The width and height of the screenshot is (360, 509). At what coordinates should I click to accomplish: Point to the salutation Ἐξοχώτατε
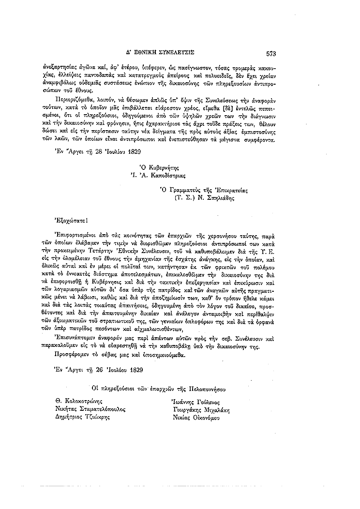[x=72, y=220]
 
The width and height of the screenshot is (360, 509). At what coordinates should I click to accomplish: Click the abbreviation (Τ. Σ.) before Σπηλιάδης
[x=183, y=198]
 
